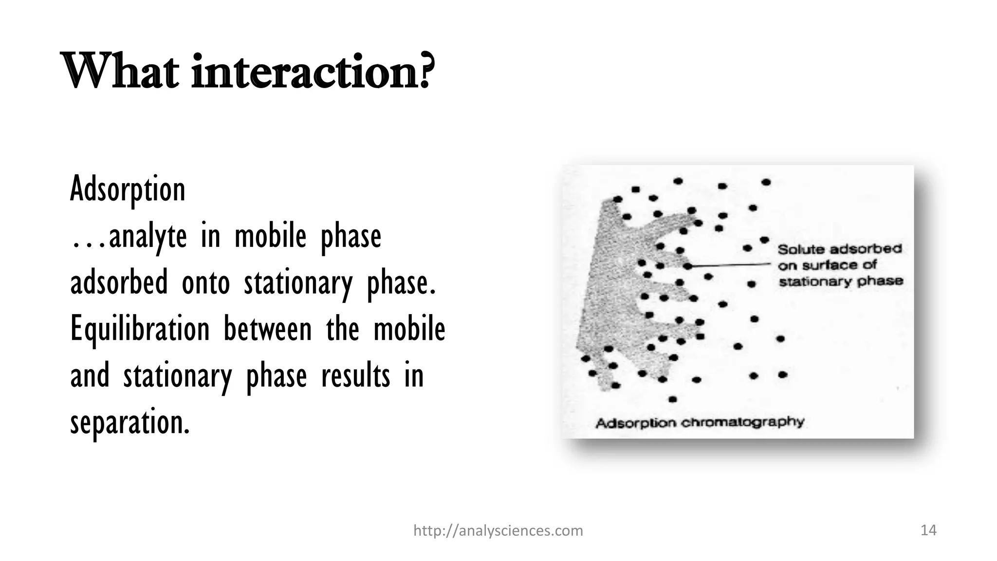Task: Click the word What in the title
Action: [x=119, y=72]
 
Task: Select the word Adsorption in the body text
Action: [x=128, y=189]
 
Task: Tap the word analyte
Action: [x=148, y=236]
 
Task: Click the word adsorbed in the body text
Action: [x=119, y=282]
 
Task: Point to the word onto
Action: [x=205, y=283]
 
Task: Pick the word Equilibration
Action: [x=140, y=329]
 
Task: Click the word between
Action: [x=267, y=329]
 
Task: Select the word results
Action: [x=355, y=376]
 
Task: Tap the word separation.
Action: [x=129, y=422]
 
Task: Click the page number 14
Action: [x=928, y=530]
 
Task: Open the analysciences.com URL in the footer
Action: [x=498, y=530]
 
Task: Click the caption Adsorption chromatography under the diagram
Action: [x=700, y=422]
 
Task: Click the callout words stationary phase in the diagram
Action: [x=841, y=281]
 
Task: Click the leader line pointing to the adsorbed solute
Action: [x=730, y=265]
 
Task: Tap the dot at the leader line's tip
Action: [x=687, y=266]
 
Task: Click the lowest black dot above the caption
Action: [x=673, y=399]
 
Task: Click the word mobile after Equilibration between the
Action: [x=409, y=329]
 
